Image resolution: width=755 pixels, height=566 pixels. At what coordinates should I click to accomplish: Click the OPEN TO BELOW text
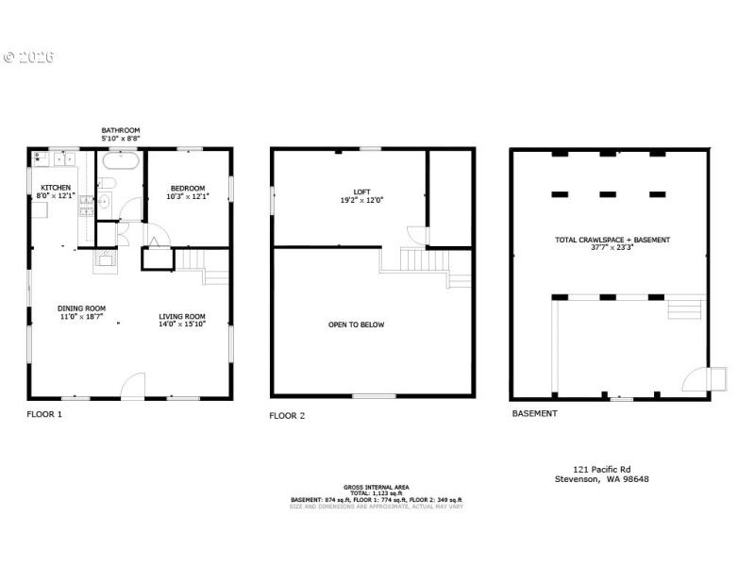click(x=356, y=325)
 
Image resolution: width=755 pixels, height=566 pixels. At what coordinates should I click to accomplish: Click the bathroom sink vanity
click(x=105, y=199)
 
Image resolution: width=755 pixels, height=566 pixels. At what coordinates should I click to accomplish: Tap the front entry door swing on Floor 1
click(x=133, y=385)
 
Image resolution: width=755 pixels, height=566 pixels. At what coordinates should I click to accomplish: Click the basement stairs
click(x=686, y=309)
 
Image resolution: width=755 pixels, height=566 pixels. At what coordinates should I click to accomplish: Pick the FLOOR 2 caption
click(x=287, y=415)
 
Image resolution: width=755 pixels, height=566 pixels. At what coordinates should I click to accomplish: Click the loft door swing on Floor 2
click(x=416, y=233)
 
